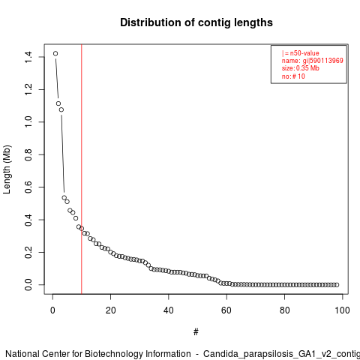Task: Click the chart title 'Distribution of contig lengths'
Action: pyautogui.click(x=196, y=22)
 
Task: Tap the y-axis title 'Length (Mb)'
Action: pyautogui.click(x=7, y=169)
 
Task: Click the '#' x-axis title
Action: pyautogui.click(x=196, y=332)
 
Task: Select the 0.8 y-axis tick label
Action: pyautogui.click(x=28, y=154)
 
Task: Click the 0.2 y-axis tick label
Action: pyautogui.click(x=28, y=252)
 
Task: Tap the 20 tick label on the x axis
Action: pyautogui.click(x=110, y=310)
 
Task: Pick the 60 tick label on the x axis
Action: pyautogui.click(x=226, y=310)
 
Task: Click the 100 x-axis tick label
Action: pyautogui.click(x=342, y=310)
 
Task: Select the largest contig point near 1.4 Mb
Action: pyautogui.click(x=55, y=53)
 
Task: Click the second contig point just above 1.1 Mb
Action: pyautogui.click(x=58, y=103)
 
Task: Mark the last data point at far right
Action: pyautogui.click(x=337, y=285)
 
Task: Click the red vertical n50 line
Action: pyautogui.click(x=82, y=169)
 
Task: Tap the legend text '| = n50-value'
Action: pyautogui.click(x=301, y=53)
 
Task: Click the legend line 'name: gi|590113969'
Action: pyautogui.click(x=313, y=61)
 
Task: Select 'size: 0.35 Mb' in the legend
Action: pyautogui.click(x=301, y=68)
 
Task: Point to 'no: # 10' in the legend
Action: pyautogui.click(x=293, y=76)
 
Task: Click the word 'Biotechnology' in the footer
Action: pyautogui.click(x=138, y=354)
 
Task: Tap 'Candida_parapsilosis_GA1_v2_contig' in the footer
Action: pyautogui.click(x=281, y=354)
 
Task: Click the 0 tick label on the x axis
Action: pyautogui.click(x=52, y=310)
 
